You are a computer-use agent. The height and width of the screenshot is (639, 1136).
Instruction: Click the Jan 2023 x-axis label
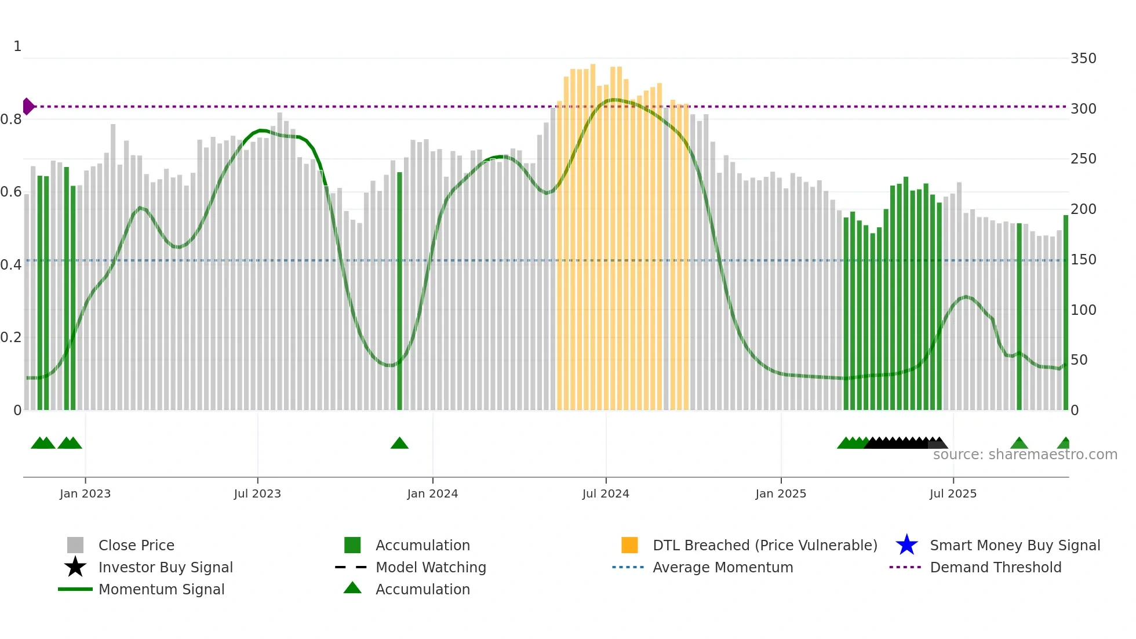pos(85,493)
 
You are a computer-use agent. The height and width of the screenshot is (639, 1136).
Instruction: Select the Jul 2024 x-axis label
pos(606,493)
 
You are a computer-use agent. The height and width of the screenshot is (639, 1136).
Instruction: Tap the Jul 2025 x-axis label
pos(953,493)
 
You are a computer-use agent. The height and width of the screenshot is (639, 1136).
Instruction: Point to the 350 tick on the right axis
pos(1083,59)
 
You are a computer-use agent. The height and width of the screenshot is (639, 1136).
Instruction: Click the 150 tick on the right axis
pos(1083,260)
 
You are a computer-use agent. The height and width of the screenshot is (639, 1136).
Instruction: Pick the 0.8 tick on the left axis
pos(11,119)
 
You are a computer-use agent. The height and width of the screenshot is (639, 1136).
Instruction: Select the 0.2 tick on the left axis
pos(11,337)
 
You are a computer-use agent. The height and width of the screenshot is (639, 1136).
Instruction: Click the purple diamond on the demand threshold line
pos(28,106)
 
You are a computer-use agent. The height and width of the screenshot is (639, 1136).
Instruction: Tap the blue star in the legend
pos(906,545)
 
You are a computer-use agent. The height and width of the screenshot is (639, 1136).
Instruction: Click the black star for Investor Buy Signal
pos(75,567)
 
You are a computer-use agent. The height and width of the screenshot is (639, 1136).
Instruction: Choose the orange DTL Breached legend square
pos(629,545)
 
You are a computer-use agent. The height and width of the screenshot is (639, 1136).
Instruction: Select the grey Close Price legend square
pos(75,545)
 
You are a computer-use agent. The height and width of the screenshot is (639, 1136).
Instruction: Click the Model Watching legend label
pos(431,567)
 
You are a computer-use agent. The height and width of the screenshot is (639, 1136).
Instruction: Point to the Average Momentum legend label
pos(723,567)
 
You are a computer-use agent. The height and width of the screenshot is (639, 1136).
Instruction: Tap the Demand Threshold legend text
pos(996,567)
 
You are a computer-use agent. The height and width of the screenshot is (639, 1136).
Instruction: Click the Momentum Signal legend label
pos(161,589)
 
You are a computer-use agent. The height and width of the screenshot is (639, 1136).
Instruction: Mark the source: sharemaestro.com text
pos(1025,455)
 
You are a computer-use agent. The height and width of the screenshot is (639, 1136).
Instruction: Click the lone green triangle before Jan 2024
pos(399,444)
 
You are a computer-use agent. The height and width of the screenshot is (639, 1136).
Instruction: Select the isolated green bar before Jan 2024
pos(399,290)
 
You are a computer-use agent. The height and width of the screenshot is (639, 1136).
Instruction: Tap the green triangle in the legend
pos(352,588)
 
